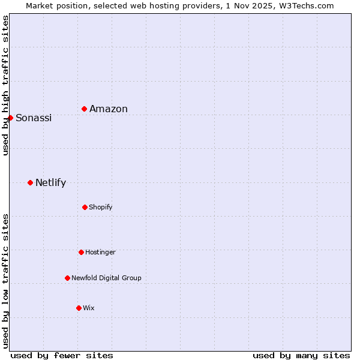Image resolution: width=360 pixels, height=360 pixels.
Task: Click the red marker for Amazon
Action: pos(85,109)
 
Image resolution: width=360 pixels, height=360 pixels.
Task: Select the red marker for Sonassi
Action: pos(10,118)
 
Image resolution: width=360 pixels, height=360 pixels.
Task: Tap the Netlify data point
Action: pos(30,182)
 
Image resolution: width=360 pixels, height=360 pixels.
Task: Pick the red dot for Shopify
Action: pos(85,207)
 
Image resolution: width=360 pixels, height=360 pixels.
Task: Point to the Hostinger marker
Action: pos(81,252)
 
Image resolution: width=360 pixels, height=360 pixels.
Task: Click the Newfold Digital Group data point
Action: pos(67,278)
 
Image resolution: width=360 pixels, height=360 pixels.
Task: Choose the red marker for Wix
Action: pos(79,308)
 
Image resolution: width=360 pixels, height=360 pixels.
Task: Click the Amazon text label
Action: pos(109,109)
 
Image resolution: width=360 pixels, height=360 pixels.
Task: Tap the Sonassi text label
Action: pos(34,118)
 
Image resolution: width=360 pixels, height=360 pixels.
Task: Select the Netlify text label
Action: pos(50,182)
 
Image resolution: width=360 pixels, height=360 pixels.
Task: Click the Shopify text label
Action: pos(101,207)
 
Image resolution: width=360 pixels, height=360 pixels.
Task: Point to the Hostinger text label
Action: pos(100,252)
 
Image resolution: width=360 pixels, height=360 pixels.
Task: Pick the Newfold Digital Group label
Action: pos(106,278)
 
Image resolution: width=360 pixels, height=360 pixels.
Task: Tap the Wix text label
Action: pos(89,308)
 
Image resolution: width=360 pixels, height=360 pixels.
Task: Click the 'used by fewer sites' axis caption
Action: pos(62,355)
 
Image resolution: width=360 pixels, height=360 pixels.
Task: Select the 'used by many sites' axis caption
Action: pos(301,355)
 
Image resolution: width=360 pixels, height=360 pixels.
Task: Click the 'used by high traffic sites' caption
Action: pos(5,85)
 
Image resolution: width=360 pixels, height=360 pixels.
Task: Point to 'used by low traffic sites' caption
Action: pos(5,281)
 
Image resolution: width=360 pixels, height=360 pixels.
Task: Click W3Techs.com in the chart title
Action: pos(306,5)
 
